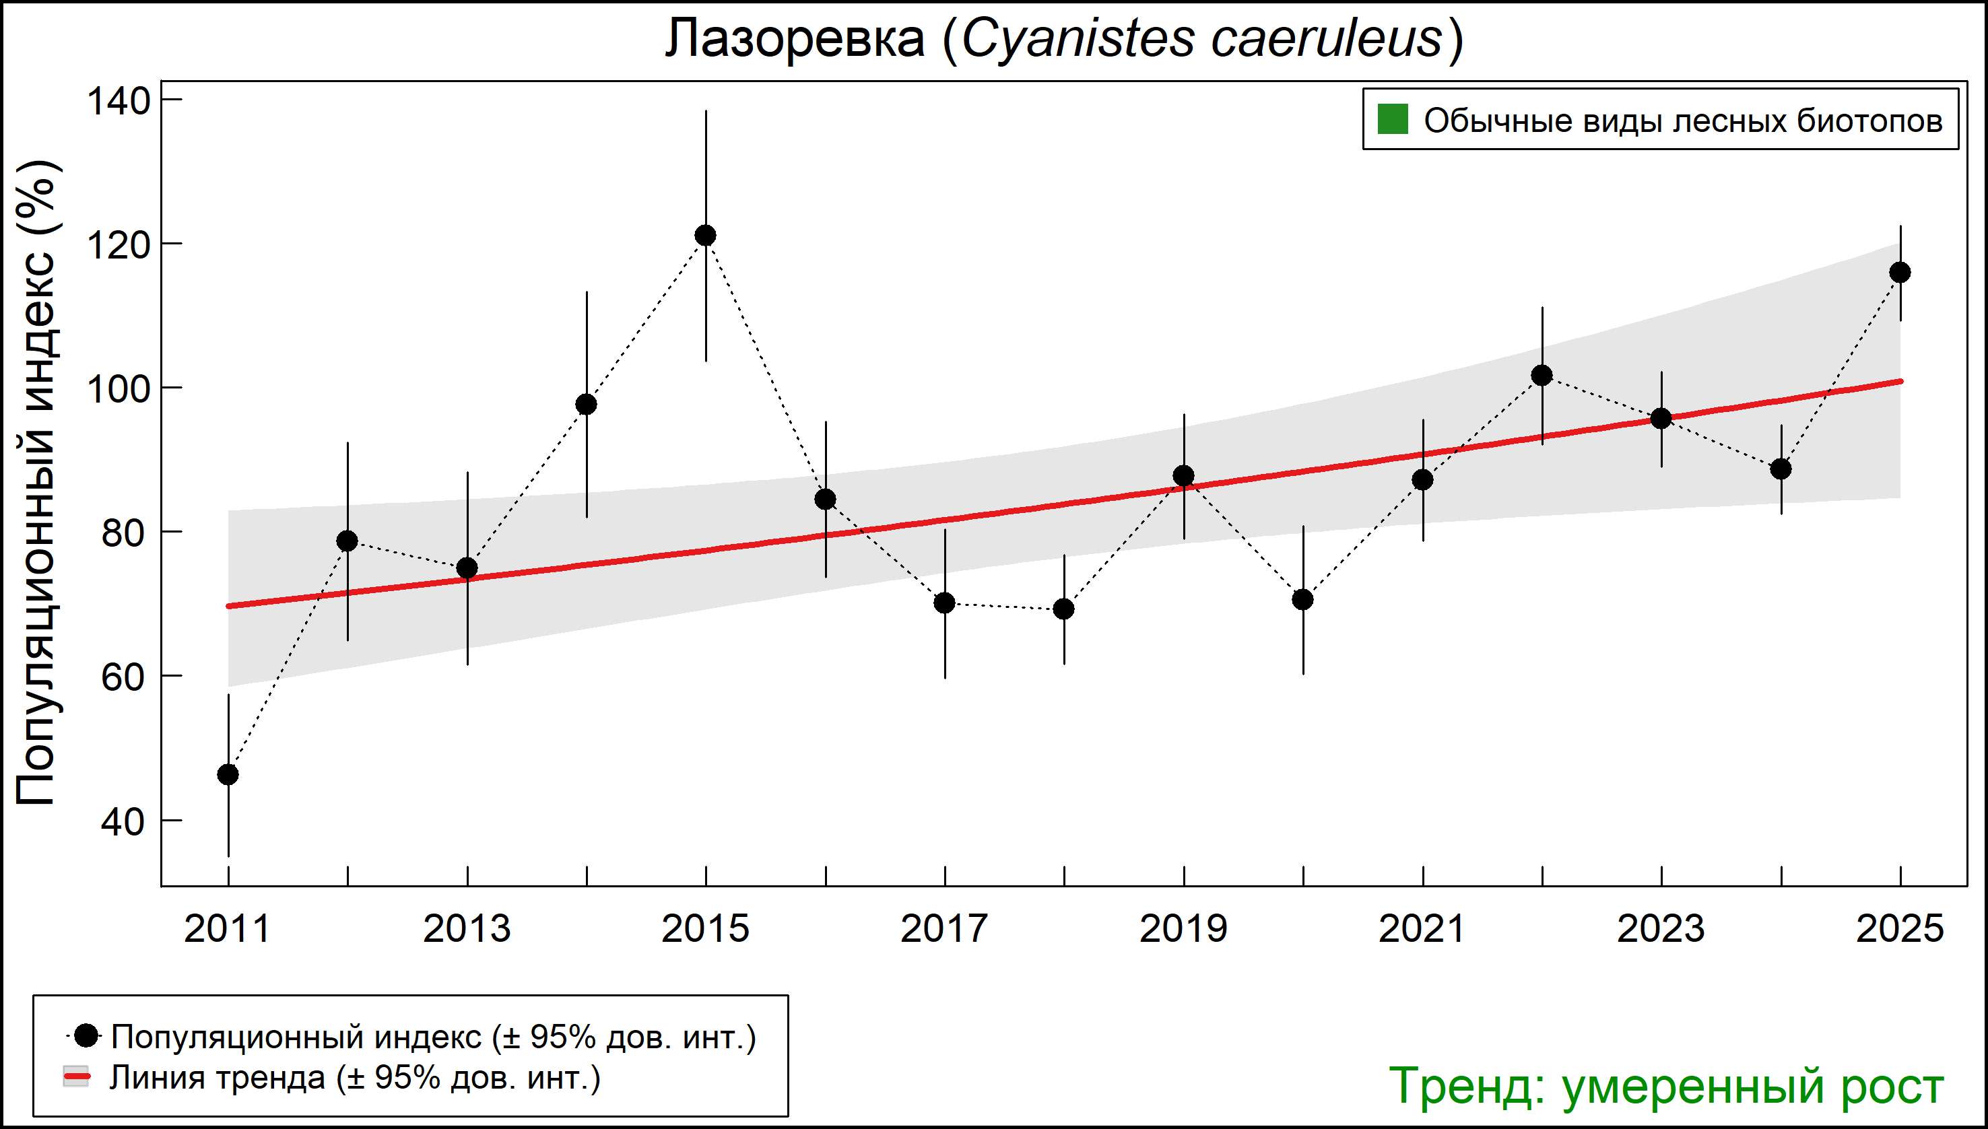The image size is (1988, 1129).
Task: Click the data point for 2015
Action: [705, 235]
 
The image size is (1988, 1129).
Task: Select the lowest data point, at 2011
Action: [228, 775]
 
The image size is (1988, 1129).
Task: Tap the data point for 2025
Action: [1900, 272]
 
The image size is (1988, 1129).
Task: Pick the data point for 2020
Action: [1303, 599]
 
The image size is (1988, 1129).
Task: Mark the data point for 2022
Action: [1542, 375]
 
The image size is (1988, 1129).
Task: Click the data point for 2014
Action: [587, 404]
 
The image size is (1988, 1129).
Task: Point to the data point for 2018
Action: [1064, 609]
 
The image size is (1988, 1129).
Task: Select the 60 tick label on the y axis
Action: [123, 677]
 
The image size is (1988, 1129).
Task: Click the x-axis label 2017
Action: [944, 929]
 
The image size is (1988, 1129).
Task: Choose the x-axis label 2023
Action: [1661, 929]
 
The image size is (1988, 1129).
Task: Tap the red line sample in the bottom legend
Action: [76, 1077]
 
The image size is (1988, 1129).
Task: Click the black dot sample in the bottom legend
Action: [87, 1035]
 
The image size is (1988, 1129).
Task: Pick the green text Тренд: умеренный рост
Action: [1665, 1087]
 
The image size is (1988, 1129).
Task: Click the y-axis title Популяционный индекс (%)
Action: [36, 483]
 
